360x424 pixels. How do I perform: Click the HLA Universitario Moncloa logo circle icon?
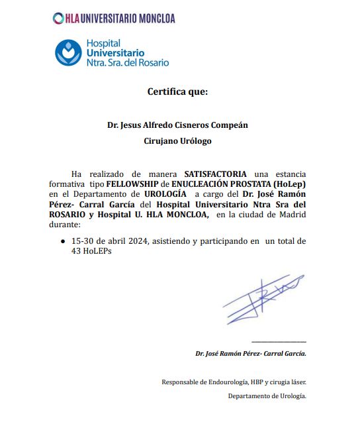(x=58, y=19)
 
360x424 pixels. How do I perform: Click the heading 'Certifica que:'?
(x=177, y=91)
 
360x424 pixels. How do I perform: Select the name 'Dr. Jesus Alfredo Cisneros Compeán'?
(x=177, y=125)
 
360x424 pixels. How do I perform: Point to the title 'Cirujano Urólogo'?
(x=177, y=141)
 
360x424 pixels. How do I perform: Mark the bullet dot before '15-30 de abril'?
(x=63, y=242)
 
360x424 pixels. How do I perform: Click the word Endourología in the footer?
(x=226, y=382)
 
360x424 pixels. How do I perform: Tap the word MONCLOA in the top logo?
(x=152, y=19)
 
